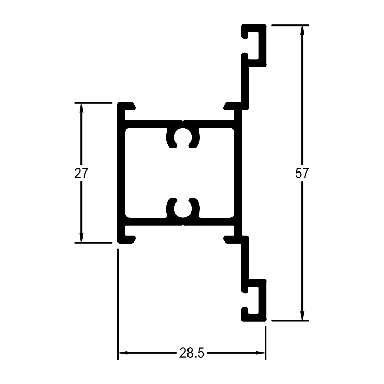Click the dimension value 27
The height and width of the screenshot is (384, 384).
point(81,174)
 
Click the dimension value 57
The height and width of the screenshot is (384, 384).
point(302,174)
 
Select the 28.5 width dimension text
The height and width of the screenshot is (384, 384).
point(192,353)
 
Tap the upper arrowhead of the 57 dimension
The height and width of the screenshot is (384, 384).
point(302,30)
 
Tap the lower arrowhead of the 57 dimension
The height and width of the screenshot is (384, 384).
point(302,315)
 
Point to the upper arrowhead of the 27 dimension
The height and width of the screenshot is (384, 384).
point(81,108)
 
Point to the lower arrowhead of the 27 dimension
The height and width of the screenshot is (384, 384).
point(81,238)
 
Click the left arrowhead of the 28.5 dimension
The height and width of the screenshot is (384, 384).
point(123,353)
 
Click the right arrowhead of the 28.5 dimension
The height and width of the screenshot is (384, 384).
point(260,353)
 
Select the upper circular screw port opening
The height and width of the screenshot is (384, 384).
point(183,137)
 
